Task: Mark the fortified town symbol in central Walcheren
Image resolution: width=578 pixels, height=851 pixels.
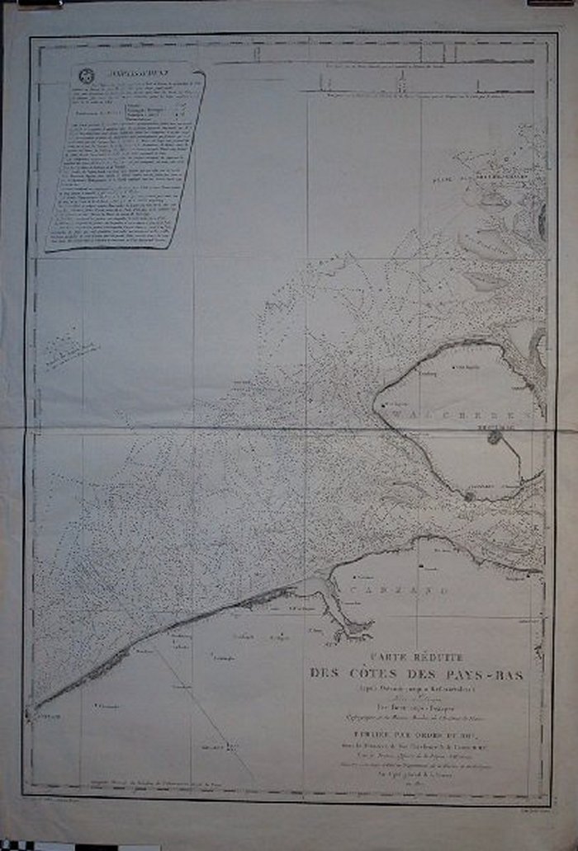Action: coord(495,436)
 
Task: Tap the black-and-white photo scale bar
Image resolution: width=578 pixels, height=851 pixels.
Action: coord(33,844)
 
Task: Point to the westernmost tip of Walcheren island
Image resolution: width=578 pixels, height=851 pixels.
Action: coord(377,404)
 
